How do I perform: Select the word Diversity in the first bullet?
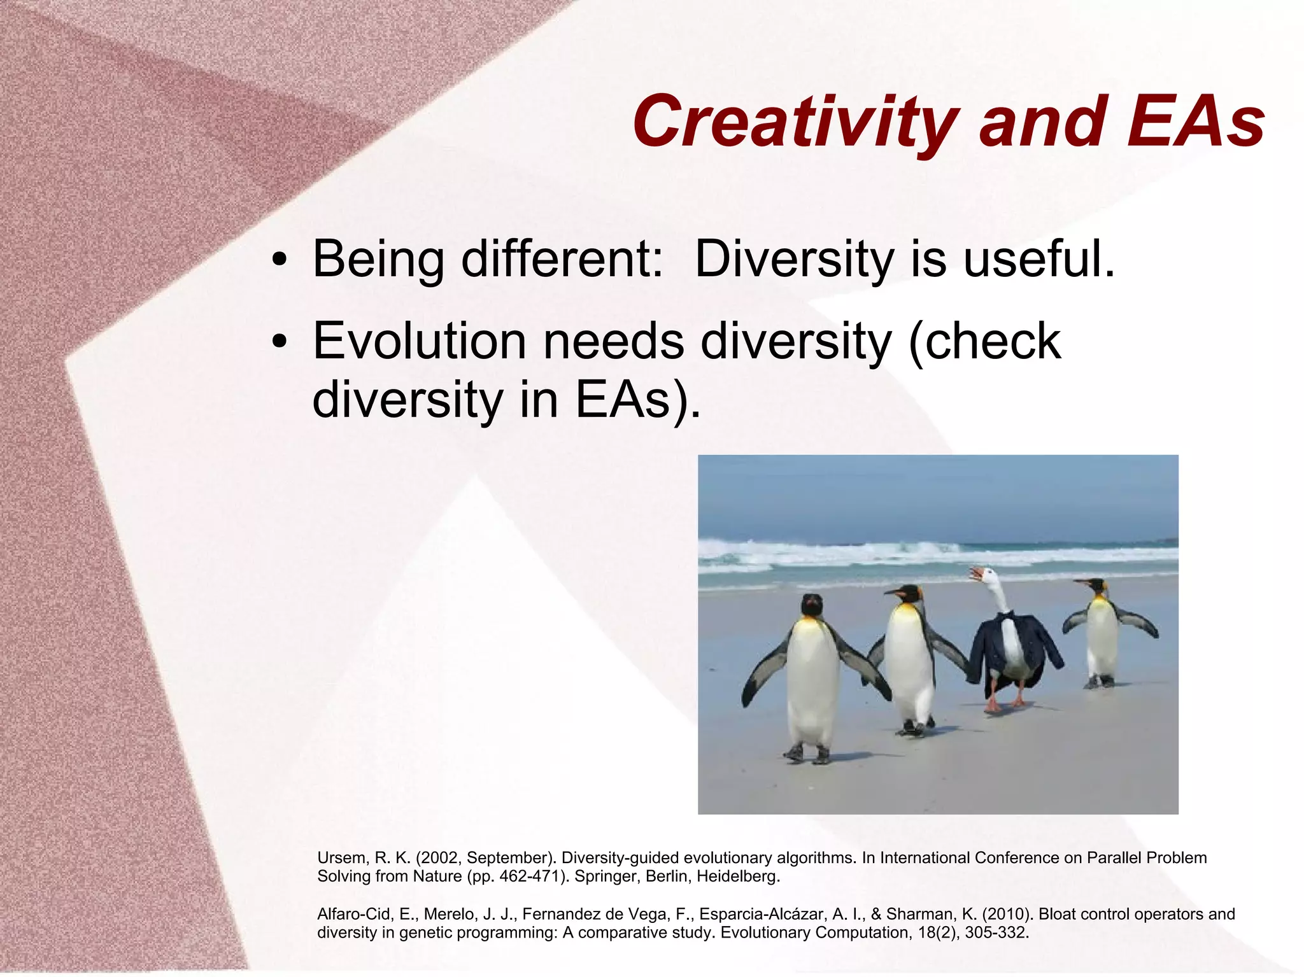coord(795,260)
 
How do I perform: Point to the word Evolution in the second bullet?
coord(419,342)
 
